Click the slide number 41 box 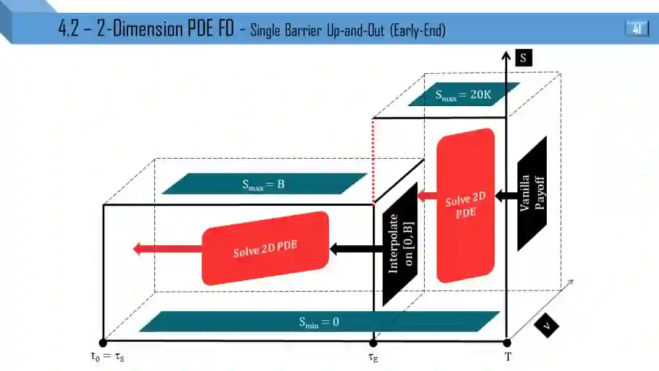tap(637, 29)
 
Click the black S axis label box tap(523, 57)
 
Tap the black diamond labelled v tap(547, 326)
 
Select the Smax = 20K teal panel tap(464, 95)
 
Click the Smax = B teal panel tap(264, 184)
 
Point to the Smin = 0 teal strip tap(319, 322)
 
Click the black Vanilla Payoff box tap(531, 193)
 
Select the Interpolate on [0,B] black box tap(400, 243)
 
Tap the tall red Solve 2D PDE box tap(466, 206)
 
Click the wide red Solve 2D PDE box tap(265, 248)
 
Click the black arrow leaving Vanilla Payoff tap(506, 196)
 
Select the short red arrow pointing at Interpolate tap(427, 196)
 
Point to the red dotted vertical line tap(373, 161)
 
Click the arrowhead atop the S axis tap(506, 56)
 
